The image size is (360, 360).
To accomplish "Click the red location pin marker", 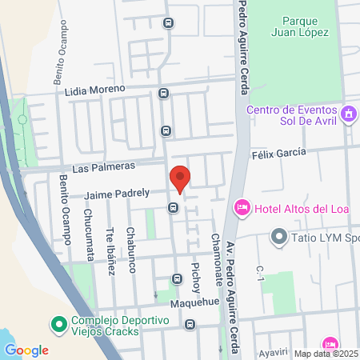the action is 180,178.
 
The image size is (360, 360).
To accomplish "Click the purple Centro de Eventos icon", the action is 348,114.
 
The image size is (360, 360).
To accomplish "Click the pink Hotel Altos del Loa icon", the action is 241,208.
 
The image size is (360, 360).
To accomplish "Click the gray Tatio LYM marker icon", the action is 278,237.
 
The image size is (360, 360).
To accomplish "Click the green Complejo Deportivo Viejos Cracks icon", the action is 58,325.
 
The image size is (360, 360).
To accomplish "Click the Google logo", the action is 26,350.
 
